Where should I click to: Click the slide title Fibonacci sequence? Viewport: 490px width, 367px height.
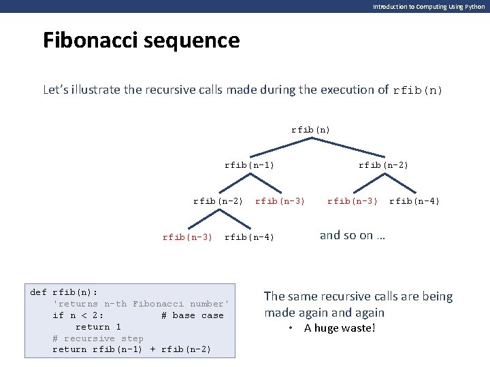tap(141, 41)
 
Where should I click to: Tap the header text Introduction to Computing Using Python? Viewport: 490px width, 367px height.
tap(429, 6)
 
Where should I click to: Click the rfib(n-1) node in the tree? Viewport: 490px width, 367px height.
tap(250, 164)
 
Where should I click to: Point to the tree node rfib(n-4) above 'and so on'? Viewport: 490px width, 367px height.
tap(414, 200)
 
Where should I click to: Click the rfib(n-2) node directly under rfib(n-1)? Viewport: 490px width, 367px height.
tap(218, 200)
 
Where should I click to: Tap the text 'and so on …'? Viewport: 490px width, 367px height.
tap(353, 235)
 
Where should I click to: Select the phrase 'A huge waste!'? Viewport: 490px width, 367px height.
tap(340, 328)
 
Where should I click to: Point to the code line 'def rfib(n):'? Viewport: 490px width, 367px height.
tap(58, 292)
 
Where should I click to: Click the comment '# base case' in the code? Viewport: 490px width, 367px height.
tap(193, 315)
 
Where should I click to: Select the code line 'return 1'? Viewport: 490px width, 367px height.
tap(98, 327)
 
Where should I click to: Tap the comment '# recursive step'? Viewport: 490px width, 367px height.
tap(98, 338)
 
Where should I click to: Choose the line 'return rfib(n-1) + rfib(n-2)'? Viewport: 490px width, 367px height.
tap(132, 349)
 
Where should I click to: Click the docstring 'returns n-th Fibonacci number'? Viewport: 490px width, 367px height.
tap(142, 304)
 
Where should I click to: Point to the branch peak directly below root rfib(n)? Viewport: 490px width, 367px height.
tap(311, 138)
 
